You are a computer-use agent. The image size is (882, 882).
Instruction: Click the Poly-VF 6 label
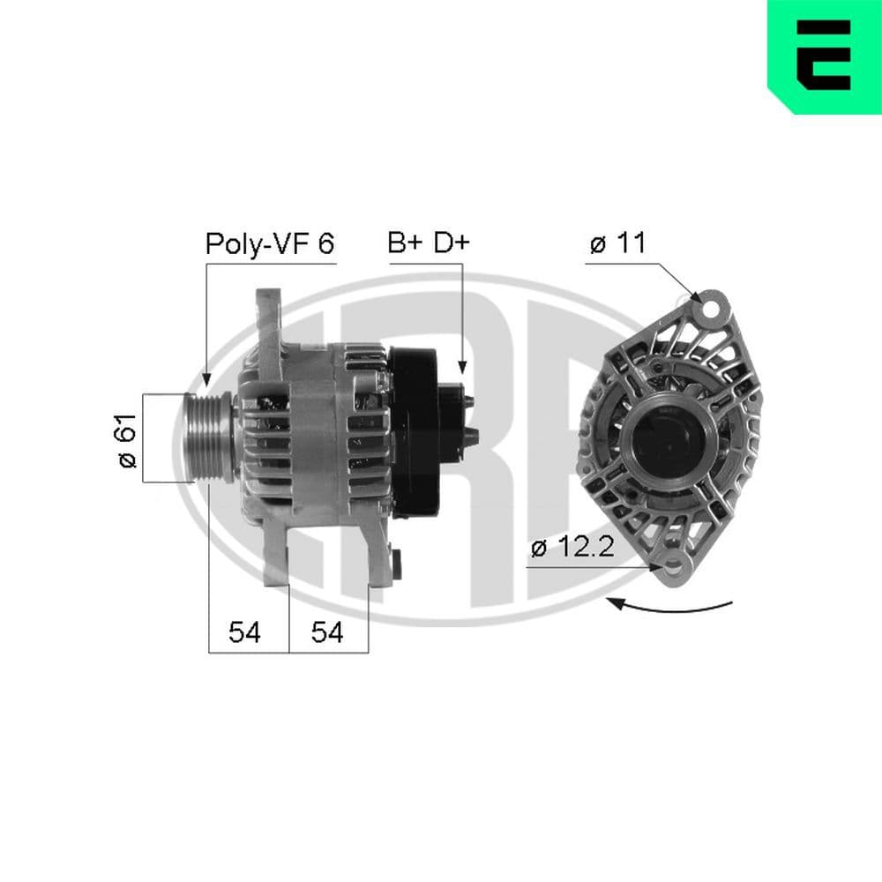pyautogui.click(x=269, y=243)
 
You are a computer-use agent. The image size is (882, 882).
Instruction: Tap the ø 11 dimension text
pyautogui.click(x=617, y=244)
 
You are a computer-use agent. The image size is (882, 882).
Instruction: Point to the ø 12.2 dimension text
pyautogui.click(x=571, y=548)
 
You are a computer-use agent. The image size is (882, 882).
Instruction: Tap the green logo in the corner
pyautogui.click(x=824, y=56)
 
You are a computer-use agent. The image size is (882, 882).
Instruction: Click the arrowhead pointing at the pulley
pyautogui.click(x=206, y=380)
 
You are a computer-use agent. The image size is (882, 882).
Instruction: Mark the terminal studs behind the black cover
pyautogui.click(x=469, y=418)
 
